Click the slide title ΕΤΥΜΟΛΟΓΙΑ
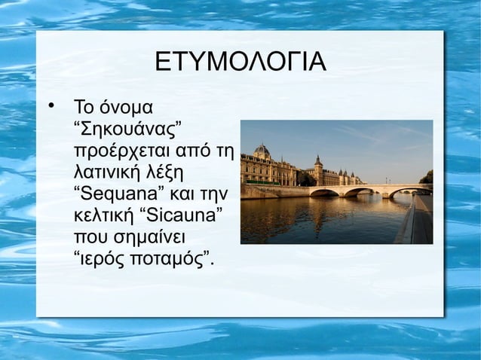[x=240, y=63]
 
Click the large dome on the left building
[x=262, y=151]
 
